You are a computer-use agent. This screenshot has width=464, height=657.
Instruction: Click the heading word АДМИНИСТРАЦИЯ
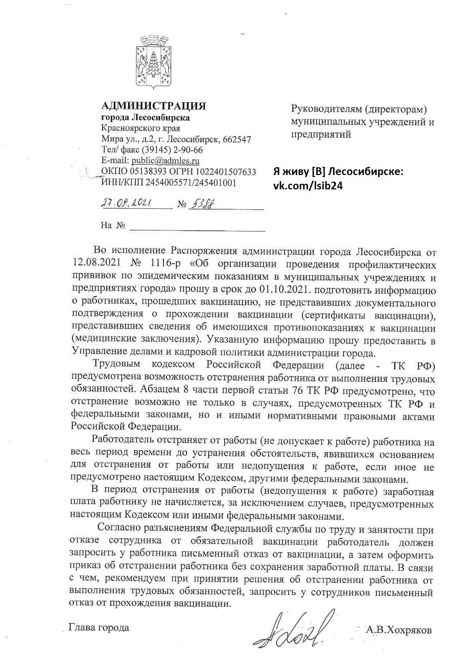154,106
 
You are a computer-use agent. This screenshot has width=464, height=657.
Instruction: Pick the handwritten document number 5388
202,204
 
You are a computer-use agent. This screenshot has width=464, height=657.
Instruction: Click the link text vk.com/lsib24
308,185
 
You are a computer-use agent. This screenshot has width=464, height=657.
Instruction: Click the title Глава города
99,627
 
